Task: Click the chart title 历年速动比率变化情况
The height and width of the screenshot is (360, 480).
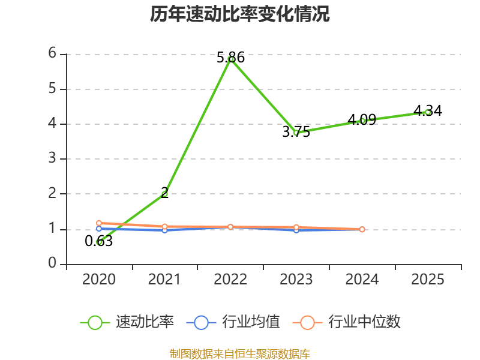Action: [x=239, y=14]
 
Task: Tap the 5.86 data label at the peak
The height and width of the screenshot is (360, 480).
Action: [x=230, y=58]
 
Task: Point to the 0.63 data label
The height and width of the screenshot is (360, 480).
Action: [x=98, y=241]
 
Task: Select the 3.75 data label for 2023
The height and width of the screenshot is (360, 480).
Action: [x=296, y=132]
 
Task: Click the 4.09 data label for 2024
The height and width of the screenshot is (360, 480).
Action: [x=362, y=119]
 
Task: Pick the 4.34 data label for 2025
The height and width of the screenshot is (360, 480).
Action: [x=428, y=110]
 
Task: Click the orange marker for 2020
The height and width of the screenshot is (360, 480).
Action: [x=99, y=223]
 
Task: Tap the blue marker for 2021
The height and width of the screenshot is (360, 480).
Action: [x=164, y=230]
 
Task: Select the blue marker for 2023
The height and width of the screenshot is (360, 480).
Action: [x=296, y=230]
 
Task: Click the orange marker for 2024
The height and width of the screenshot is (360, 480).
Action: [x=362, y=229]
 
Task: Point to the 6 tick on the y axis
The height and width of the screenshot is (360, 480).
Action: [x=52, y=53]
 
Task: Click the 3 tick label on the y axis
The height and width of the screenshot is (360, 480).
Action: [x=52, y=158]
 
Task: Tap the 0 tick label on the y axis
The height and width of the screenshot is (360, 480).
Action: [x=52, y=263]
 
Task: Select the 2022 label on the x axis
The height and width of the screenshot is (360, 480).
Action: [x=230, y=279]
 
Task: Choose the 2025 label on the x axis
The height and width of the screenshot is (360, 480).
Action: [x=428, y=279]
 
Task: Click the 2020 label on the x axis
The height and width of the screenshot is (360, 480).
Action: [x=98, y=279]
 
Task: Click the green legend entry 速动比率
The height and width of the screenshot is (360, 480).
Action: [x=127, y=322]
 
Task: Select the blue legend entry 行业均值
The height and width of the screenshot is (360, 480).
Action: [x=233, y=322]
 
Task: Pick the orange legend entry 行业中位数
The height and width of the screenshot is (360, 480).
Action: [x=347, y=322]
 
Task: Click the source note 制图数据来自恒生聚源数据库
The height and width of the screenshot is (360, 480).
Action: [x=239, y=354]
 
